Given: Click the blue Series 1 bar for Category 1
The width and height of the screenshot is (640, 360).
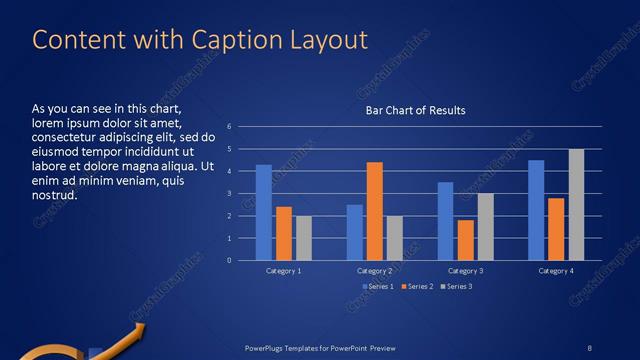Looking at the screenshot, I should pyautogui.click(x=264, y=212).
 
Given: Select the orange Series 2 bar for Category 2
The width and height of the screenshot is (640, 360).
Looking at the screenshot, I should pyautogui.click(x=375, y=211).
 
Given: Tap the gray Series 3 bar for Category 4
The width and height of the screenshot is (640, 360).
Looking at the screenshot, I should pyautogui.click(x=577, y=204).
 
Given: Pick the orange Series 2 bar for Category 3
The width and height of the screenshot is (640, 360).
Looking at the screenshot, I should pyautogui.click(x=465, y=240).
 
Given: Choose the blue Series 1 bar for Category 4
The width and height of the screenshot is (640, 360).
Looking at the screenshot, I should pyautogui.click(x=536, y=210).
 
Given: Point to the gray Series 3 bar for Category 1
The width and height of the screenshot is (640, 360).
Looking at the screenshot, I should pyautogui.click(x=304, y=238).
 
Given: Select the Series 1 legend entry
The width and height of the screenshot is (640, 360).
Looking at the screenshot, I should pyautogui.click(x=376, y=287).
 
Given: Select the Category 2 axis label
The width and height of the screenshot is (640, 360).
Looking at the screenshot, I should pyautogui.click(x=374, y=271).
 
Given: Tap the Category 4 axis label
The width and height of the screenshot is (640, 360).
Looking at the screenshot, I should pyautogui.click(x=556, y=271).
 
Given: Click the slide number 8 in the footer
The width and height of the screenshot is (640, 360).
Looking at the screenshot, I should pyautogui.click(x=589, y=347).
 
